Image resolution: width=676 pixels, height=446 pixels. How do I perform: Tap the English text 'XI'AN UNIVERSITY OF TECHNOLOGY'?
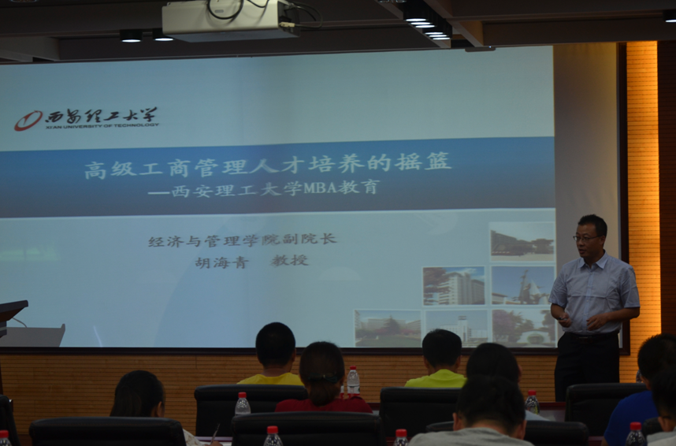pyautogui.click(x=102, y=125)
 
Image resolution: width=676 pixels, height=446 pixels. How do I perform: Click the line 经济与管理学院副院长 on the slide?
pyautogui.click(x=242, y=240)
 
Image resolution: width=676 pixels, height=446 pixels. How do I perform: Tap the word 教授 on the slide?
pyautogui.click(x=290, y=261)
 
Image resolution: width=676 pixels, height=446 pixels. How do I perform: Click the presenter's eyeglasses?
pyautogui.click(x=585, y=237)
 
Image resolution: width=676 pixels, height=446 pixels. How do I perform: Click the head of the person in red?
pyautogui.click(x=321, y=366)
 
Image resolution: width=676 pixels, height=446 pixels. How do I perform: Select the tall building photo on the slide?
pyautogui.click(x=454, y=286)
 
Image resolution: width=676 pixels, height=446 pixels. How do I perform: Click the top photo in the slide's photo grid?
pyautogui.click(x=522, y=241)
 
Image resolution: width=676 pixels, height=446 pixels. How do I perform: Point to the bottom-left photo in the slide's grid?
pyautogui.click(x=387, y=328)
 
